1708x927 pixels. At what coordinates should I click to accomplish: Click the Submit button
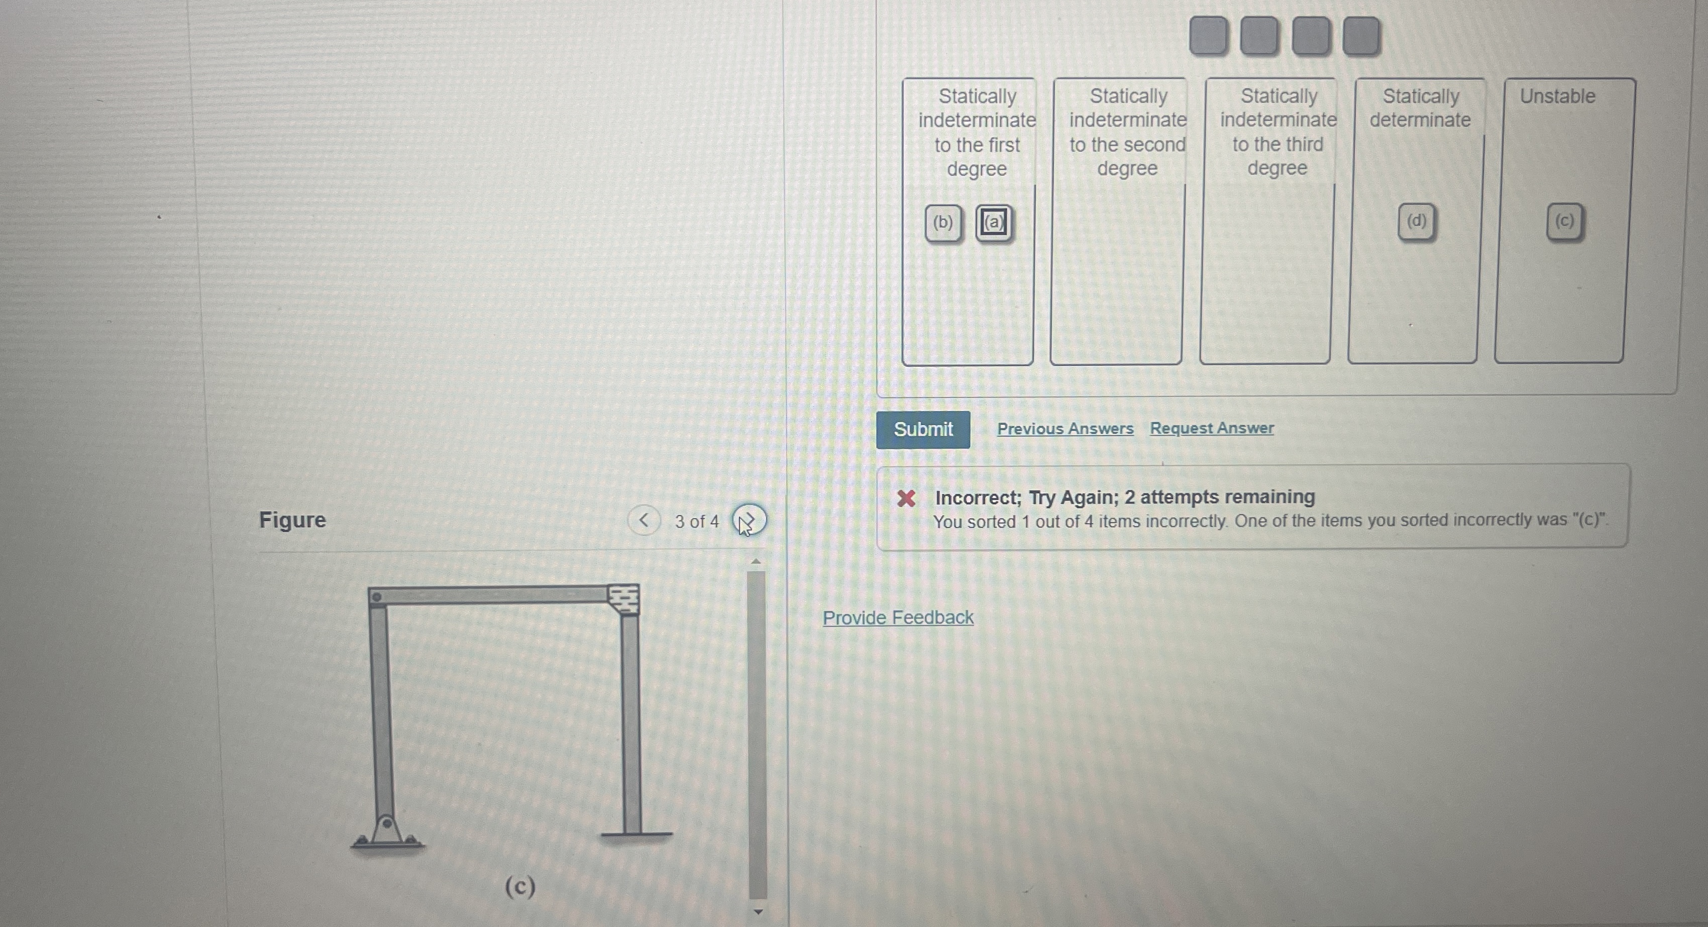tap(923, 430)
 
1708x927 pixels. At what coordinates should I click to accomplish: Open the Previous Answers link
tap(1065, 429)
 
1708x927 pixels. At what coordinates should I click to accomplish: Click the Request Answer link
tap(1211, 429)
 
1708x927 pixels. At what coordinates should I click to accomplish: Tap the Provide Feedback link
tap(898, 617)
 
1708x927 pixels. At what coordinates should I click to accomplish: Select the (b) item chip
tap(943, 222)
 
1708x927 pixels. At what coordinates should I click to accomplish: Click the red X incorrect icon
tap(906, 498)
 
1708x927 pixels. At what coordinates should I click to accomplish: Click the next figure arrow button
tap(749, 521)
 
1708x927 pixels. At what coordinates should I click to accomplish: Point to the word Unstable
tap(1557, 96)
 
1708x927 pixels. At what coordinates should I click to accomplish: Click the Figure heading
tap(292, 520)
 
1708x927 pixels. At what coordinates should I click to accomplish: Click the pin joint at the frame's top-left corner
tap(377, 597)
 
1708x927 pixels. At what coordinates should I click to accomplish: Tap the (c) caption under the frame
tap(520, 886)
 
